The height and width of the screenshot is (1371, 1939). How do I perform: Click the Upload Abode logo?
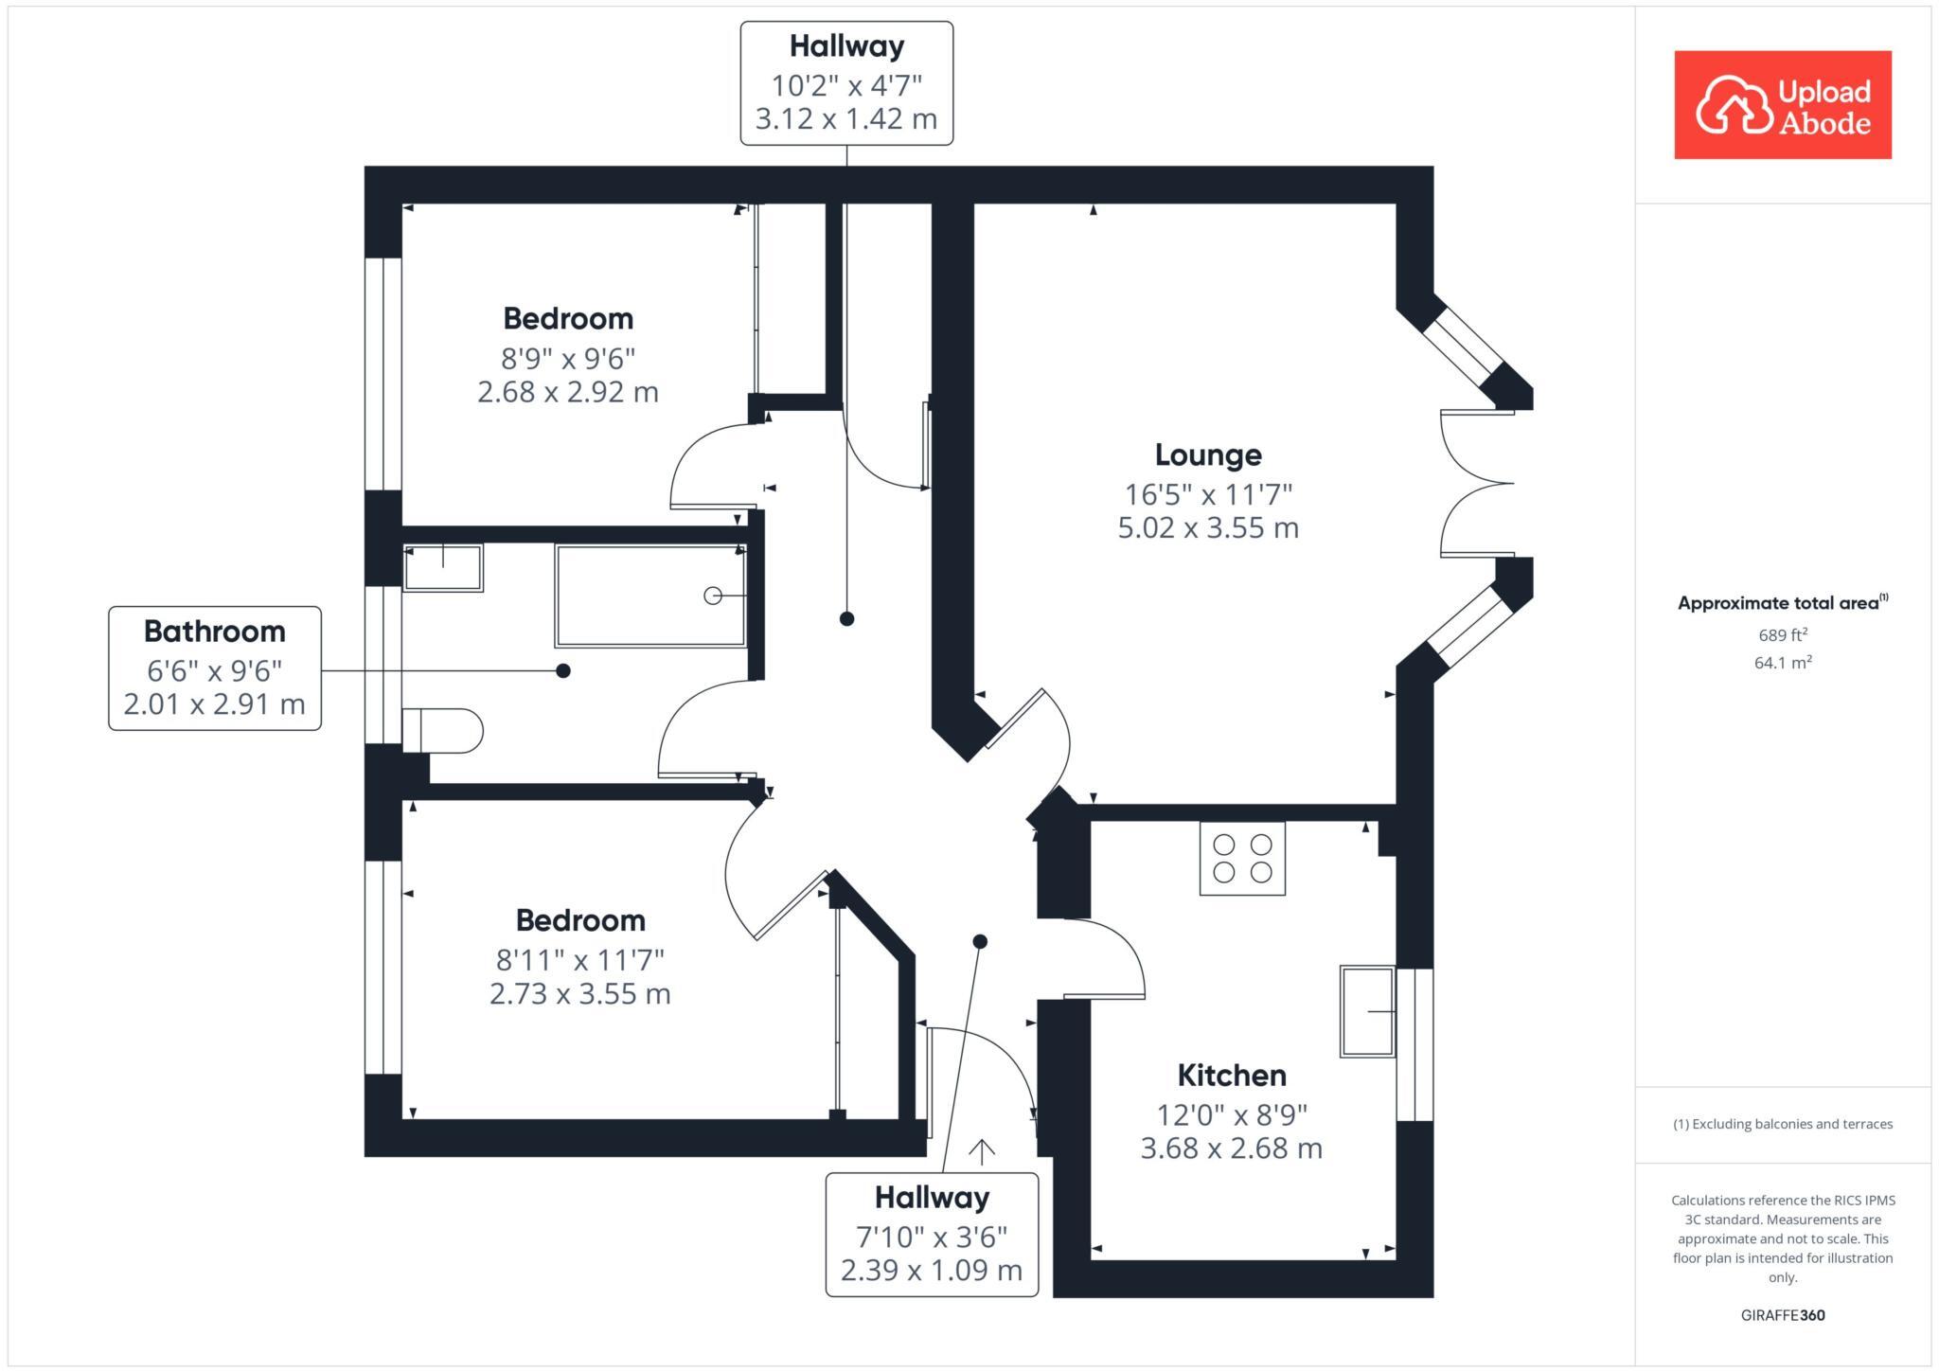point(1782,105)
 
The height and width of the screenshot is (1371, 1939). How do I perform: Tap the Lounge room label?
point(1207,455)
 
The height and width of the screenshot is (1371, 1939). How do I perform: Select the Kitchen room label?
point(1231,1076)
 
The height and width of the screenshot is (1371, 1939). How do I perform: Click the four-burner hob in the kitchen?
point(1242,859)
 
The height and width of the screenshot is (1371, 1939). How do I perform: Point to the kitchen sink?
point(1367,1011)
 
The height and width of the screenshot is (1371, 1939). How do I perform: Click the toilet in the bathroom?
point(443,731)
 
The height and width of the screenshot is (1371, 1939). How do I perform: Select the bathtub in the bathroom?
point(650,596)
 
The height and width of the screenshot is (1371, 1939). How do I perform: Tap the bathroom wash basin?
point(443,568)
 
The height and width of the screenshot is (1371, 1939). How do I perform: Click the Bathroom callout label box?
point(215,668)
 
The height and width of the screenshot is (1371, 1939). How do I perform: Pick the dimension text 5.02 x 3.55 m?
point(1207,528)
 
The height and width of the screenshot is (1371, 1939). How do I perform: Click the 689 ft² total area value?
point(1782,635)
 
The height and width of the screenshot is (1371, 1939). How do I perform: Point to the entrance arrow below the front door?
point(982,1151)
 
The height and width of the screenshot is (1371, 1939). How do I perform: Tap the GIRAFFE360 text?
point(1782,1315)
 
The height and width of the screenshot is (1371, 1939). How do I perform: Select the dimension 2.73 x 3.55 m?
point(579,994)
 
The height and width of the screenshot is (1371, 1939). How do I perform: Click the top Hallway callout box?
point(846,83)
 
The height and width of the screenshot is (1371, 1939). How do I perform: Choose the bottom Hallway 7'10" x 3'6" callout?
point(932,1235)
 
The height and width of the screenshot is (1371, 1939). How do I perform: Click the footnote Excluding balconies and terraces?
point(1782,1124)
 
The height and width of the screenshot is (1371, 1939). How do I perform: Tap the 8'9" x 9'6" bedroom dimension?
point(567,359)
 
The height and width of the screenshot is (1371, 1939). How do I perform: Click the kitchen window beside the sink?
point(1414,1043)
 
